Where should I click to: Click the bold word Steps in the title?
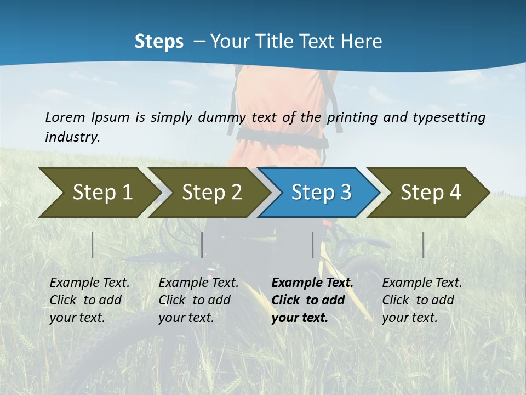159,42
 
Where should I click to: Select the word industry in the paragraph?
71,137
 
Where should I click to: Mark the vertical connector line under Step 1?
92,245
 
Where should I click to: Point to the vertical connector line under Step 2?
202,245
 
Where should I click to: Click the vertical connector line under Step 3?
312,245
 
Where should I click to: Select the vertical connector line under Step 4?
423,245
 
